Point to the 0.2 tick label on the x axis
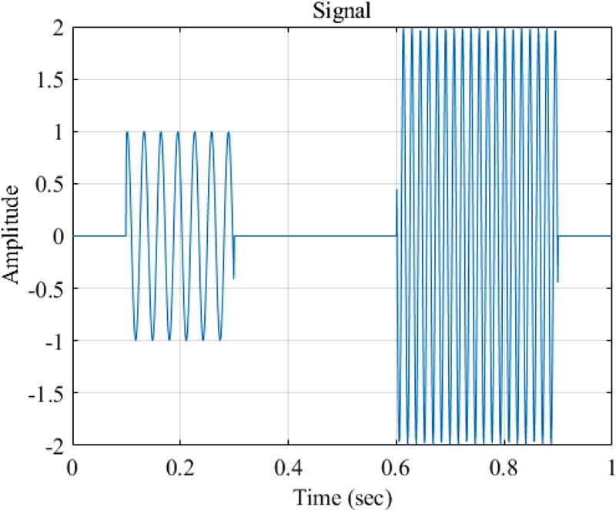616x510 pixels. tap(180, 467)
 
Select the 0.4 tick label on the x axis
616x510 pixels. tap(288, 467)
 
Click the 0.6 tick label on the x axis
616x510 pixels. tap(396, 467)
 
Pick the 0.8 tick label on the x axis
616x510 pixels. tap(504, 467)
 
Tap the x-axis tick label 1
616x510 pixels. tap(609, 467)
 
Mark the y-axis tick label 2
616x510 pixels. tap(60, 28)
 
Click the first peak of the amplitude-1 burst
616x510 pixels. tap(128, 132)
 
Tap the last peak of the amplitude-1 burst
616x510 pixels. tap(229, 132)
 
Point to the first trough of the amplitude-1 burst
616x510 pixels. tap(136, 339)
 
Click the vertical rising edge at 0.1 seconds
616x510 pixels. tap(126, 185)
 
